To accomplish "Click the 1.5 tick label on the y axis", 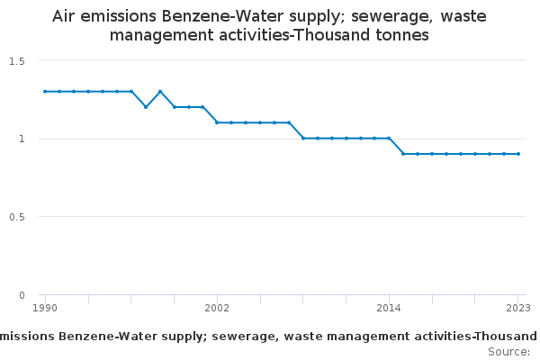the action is click(17, 61).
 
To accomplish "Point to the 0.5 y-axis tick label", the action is click(17, 217).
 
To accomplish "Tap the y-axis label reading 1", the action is click(22, 139).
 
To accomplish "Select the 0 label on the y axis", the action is click(22, 295).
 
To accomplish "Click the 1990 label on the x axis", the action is click(45, 308).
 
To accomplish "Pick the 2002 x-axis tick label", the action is click(217, 308).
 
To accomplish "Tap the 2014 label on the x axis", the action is click(389, 308).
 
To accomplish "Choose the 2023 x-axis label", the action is click(518, 308).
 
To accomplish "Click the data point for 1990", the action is click(45, 92).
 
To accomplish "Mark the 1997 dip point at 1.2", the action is click(146, 107).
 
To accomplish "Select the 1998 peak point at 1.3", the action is click(160, 92).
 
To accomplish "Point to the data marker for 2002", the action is click(217, 122).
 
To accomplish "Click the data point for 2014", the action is click(389, 139).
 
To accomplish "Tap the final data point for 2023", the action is click(518, 154).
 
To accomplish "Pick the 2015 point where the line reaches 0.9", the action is click(403, 154).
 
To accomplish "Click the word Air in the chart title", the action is click(63, 16).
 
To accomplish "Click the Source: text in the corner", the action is click(509, 352).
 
